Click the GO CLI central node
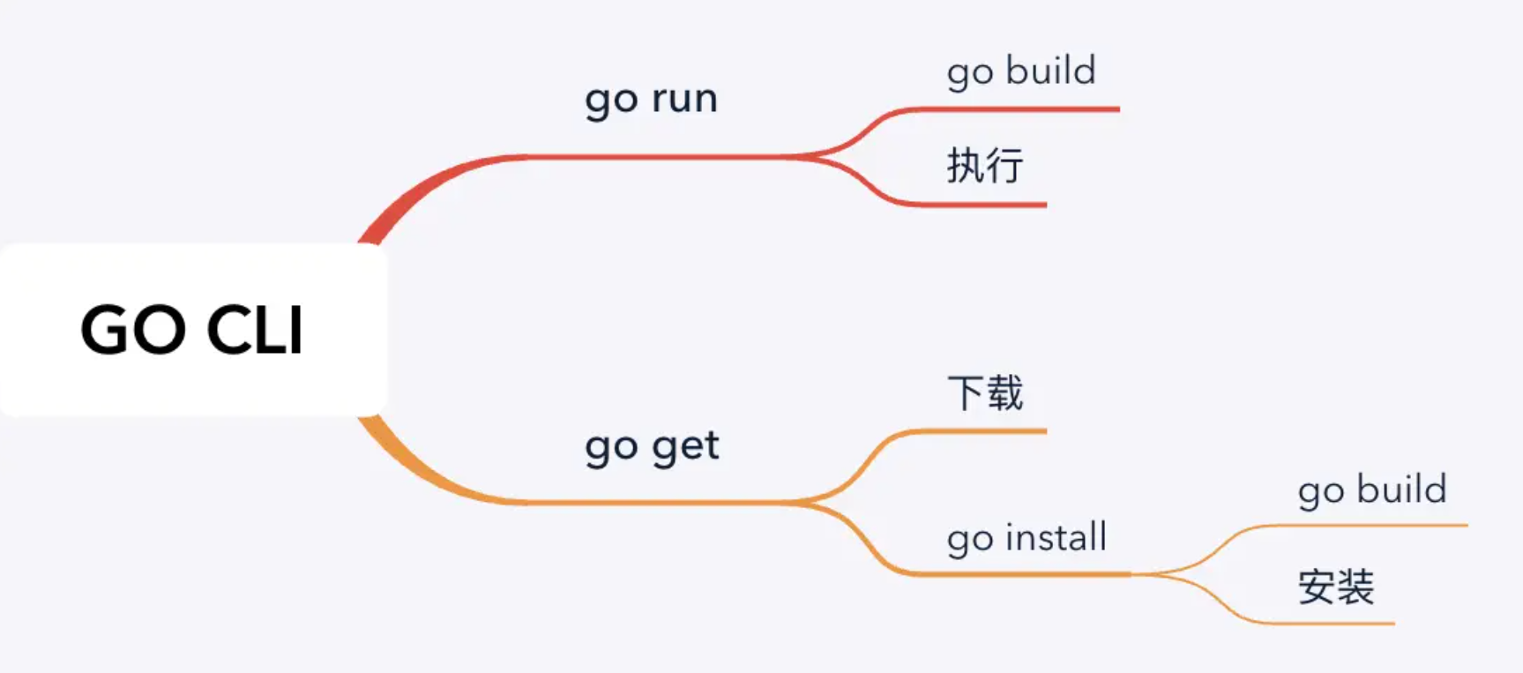[x=192, y=329]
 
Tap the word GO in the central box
[x=133, y=330]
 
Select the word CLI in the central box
[x=255, y=330]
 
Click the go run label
[x=651, y=98]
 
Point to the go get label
[x=652, y=445]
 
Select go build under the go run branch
[x=1021, y=71]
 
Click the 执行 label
[x=985, y=166]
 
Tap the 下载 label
[x=985, y=393]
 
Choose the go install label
[x=1027, y=537]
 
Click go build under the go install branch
[x=1372, y=490]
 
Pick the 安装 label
[x=1336, y=587]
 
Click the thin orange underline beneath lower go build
[x=1376, y=526]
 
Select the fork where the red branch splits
[x=807, y=157]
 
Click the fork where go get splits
[x=807, y=503]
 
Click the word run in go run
[x=683, y=98]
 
